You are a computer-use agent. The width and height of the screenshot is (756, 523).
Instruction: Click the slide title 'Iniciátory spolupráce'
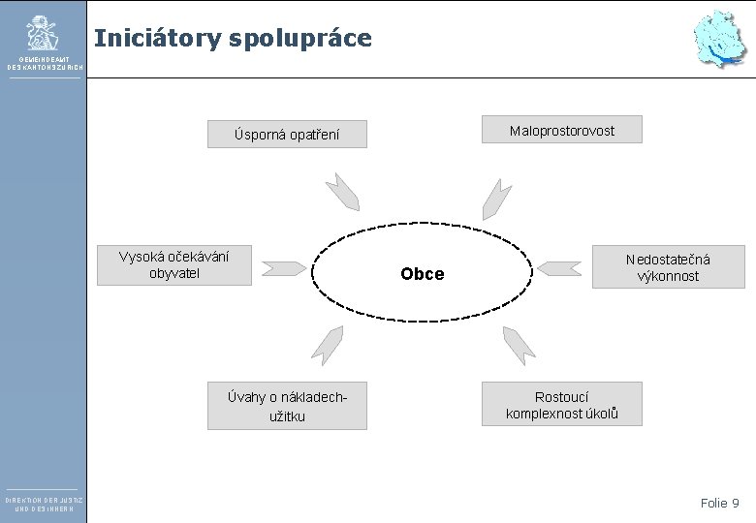tap(233, 39)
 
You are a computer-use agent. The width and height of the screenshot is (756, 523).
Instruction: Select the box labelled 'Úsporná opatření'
tap(288, 134)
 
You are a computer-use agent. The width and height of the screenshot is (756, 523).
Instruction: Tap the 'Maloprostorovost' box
tap(562, 130)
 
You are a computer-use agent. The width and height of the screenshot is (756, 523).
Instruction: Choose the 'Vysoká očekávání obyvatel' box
tap(174, 264)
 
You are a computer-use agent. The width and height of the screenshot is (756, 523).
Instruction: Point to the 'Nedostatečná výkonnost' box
tap(668, 267)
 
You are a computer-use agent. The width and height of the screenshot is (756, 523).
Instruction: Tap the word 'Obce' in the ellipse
tap(423, 274)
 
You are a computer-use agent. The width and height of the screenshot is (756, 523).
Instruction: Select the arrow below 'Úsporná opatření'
tap(342, 192)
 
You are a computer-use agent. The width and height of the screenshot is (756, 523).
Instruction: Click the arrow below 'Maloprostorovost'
tap(497, 199)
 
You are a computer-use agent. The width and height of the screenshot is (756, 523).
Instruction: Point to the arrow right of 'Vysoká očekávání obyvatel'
tap(285, 267)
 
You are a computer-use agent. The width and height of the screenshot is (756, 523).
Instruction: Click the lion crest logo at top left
tap(42, 33)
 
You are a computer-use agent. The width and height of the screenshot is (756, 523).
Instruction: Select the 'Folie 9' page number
tap(719, 503)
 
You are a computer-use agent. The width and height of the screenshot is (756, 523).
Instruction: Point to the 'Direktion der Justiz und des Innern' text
tap(43, 504)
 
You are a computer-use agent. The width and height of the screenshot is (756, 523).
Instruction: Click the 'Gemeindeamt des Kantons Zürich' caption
tap(43, 63)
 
